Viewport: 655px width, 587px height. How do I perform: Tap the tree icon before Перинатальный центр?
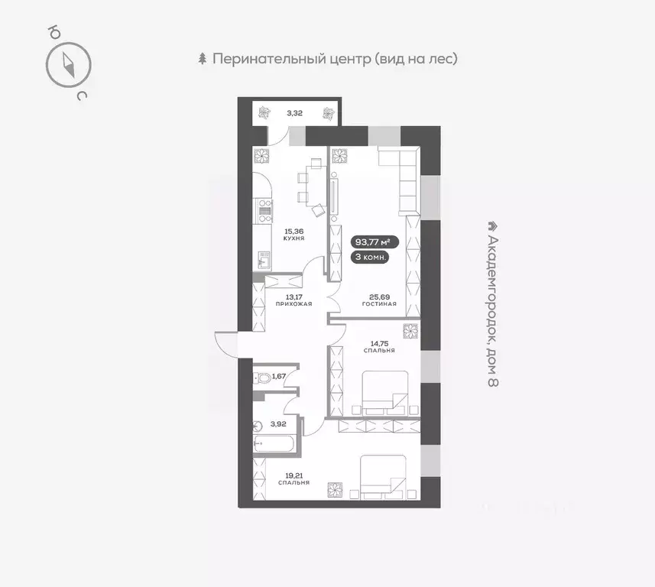click(203, 59)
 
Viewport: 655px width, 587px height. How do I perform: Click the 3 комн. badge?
click(371, 258)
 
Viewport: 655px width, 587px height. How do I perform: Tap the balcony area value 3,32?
click(294, 114)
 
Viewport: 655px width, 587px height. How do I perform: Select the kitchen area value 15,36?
click(293, 230)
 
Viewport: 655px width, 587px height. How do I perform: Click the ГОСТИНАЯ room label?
click(379, 303)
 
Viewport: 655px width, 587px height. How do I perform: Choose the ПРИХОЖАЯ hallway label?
click(293, 303)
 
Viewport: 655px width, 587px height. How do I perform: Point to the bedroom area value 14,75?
click(379, 342)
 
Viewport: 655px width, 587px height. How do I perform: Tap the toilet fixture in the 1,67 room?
click(262, 377)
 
